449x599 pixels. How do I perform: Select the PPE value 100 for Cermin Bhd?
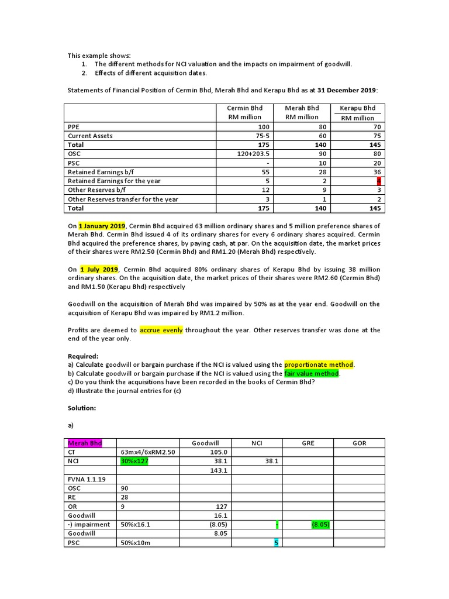tap(264, 126)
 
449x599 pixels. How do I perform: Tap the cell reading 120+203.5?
tap(252, 154)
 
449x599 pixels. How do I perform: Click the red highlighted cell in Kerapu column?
tap(378, 181)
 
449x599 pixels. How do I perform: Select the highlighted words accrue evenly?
tap(161, 330)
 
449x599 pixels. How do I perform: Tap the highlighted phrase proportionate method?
tap(319, 364)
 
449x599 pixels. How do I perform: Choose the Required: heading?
tap(82, 356)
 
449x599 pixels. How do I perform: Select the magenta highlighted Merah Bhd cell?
tap(85, 443)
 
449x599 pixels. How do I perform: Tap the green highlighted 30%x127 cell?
tap(134, 461)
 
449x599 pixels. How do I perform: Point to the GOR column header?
tap(359, 443)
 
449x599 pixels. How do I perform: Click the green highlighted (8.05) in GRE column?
tap(320, 525)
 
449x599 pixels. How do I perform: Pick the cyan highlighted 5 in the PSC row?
tap(276, 543)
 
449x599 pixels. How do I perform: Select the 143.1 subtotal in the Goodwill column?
tap(217, 470)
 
